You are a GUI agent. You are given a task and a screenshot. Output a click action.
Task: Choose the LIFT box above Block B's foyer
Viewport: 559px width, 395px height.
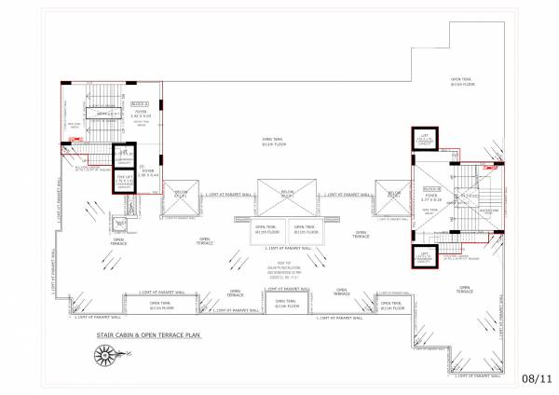(424, 140)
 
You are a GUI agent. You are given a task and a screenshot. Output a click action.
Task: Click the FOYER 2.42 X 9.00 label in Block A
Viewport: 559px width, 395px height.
(141, 115)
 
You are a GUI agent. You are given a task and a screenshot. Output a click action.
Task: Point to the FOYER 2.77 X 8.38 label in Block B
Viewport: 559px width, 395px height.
(429, 197)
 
